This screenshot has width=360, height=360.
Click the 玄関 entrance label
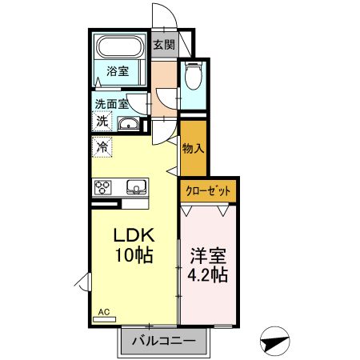pyautogui.click(x=164, y=45)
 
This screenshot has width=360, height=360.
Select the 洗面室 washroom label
pyautogui.click(x=111, y=103)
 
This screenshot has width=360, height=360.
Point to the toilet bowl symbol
pyautogui.click(x=192, y=78)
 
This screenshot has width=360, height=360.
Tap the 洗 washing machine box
pyautogui.click(x=102, y=122)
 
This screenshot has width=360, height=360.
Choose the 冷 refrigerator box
pyautogui.click(x=102, y=146)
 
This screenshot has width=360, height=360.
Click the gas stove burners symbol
pyautogui.click(x=105, y=188)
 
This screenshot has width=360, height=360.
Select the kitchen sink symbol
pyautogui.click(x=135, y=188)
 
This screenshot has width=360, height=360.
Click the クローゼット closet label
pyautogui.click(x=208, y=191)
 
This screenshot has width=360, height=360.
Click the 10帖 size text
pyautogui.click(x=132, y=256)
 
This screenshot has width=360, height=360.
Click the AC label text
pyautogui.click(x=103, y=311)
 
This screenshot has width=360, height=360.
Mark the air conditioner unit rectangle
pyautogui.click(x=104, y=319)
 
